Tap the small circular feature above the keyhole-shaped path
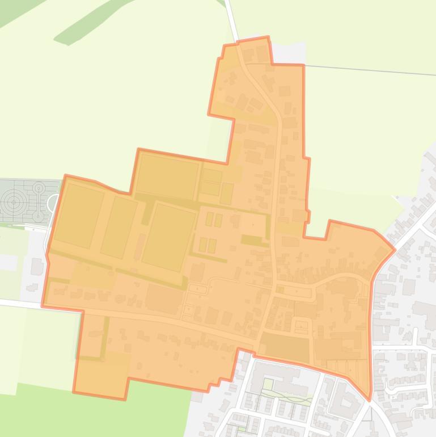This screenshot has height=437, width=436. tap(39, 188)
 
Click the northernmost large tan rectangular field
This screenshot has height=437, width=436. tap(167, 176)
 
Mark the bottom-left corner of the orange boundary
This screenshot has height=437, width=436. tap(74, 392)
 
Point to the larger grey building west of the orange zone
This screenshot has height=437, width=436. tap(37, 266)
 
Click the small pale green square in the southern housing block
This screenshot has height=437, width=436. tap(267, 385)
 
